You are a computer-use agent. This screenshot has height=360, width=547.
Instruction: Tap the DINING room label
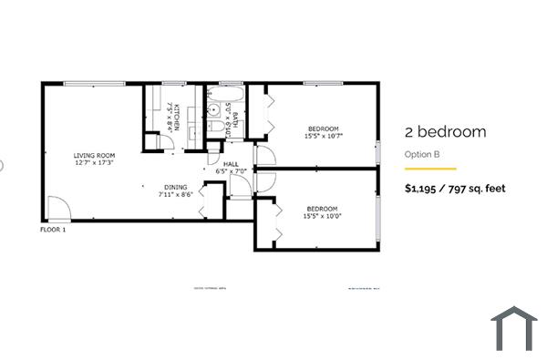coord(176,185)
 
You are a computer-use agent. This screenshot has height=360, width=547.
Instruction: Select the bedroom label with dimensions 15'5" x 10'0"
coord(322,209)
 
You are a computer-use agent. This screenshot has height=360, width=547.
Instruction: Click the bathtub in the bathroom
coord(224,93)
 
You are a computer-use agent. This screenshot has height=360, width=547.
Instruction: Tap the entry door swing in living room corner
coord(54,208)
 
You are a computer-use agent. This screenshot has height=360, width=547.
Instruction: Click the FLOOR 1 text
coord(53,230)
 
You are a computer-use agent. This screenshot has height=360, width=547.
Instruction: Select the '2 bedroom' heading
coord(445,132)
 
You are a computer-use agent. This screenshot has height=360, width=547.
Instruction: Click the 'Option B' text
coord(422,154)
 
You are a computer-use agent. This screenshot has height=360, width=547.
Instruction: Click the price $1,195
coord(426,189)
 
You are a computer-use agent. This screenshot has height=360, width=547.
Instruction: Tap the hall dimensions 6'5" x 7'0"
coord(231,171)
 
